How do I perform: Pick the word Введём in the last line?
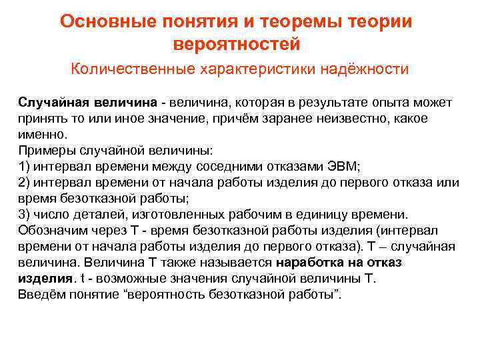point(41,294)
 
